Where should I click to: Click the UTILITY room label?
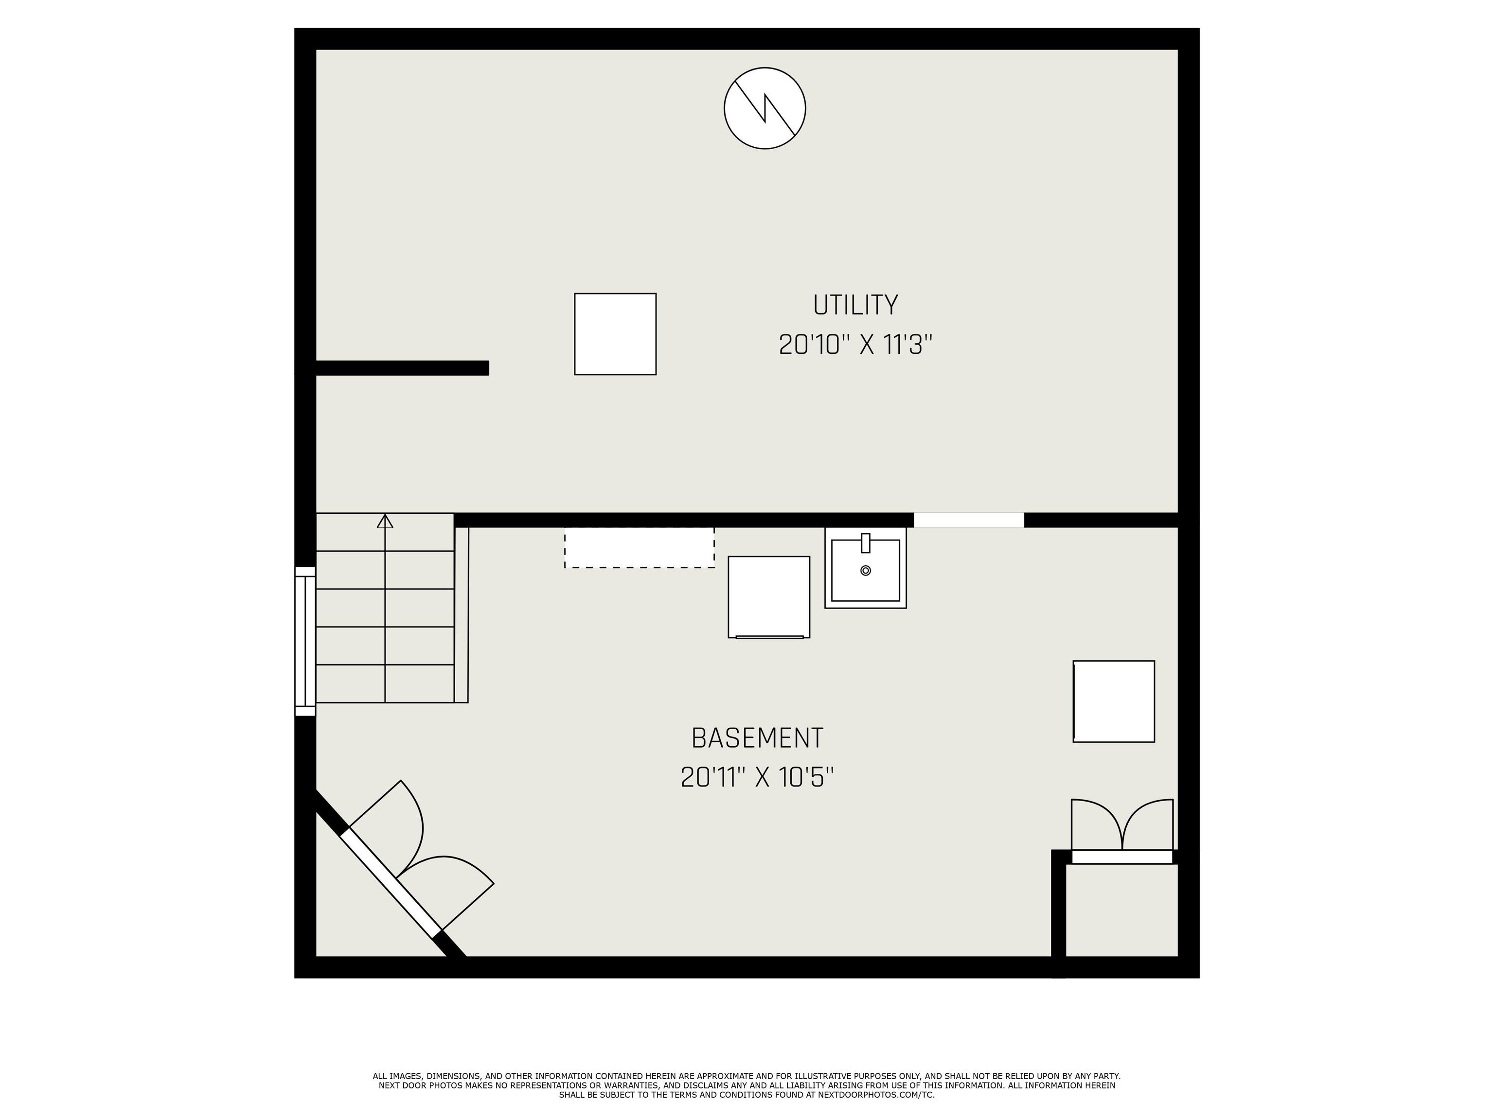[855, 305]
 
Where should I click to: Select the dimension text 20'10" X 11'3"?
[855, 345]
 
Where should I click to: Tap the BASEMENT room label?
[757, 738]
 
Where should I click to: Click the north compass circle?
[765, 108]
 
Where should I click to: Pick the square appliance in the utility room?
[615, 333]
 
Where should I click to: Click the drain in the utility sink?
[865, 571]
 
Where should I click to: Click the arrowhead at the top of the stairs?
[385, 521]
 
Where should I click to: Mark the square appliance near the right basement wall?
[1113, 701]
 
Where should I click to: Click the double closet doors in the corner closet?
[1122, 827]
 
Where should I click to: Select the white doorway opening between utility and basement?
[969, 520]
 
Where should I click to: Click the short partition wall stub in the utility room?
[402, 368]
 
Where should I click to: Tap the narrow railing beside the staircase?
[462, 614]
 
